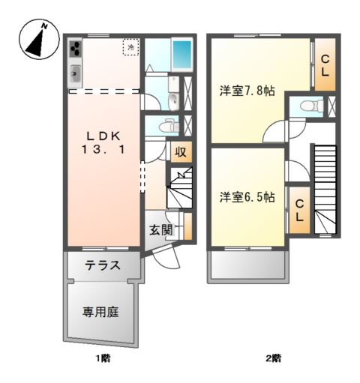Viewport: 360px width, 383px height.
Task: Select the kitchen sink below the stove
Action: click(x=76, y=73)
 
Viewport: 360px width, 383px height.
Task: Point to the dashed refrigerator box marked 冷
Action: click(x=131, y=47)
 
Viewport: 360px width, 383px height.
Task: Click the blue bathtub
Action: click(x=181, y=54)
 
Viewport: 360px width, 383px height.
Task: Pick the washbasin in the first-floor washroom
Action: click(x=173, y=100)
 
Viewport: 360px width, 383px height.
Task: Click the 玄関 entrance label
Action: click(x=160, y=229)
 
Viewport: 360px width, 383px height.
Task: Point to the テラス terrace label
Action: click(x=103, y=265)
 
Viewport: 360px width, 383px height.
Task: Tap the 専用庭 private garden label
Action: click(x=101, y=310)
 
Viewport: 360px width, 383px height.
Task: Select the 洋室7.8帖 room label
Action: click(x=247, y=91)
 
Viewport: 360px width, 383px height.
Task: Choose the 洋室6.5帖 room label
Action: click(x=247, y=197)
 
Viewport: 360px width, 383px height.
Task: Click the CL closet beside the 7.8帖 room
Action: click(x=325, y=66)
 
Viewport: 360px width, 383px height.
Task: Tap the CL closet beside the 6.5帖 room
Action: click(x=299, y=210)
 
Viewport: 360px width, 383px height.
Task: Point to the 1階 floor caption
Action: click(x=103, y=358)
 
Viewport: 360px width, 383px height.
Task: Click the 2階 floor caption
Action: click(x=272, y=358)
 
